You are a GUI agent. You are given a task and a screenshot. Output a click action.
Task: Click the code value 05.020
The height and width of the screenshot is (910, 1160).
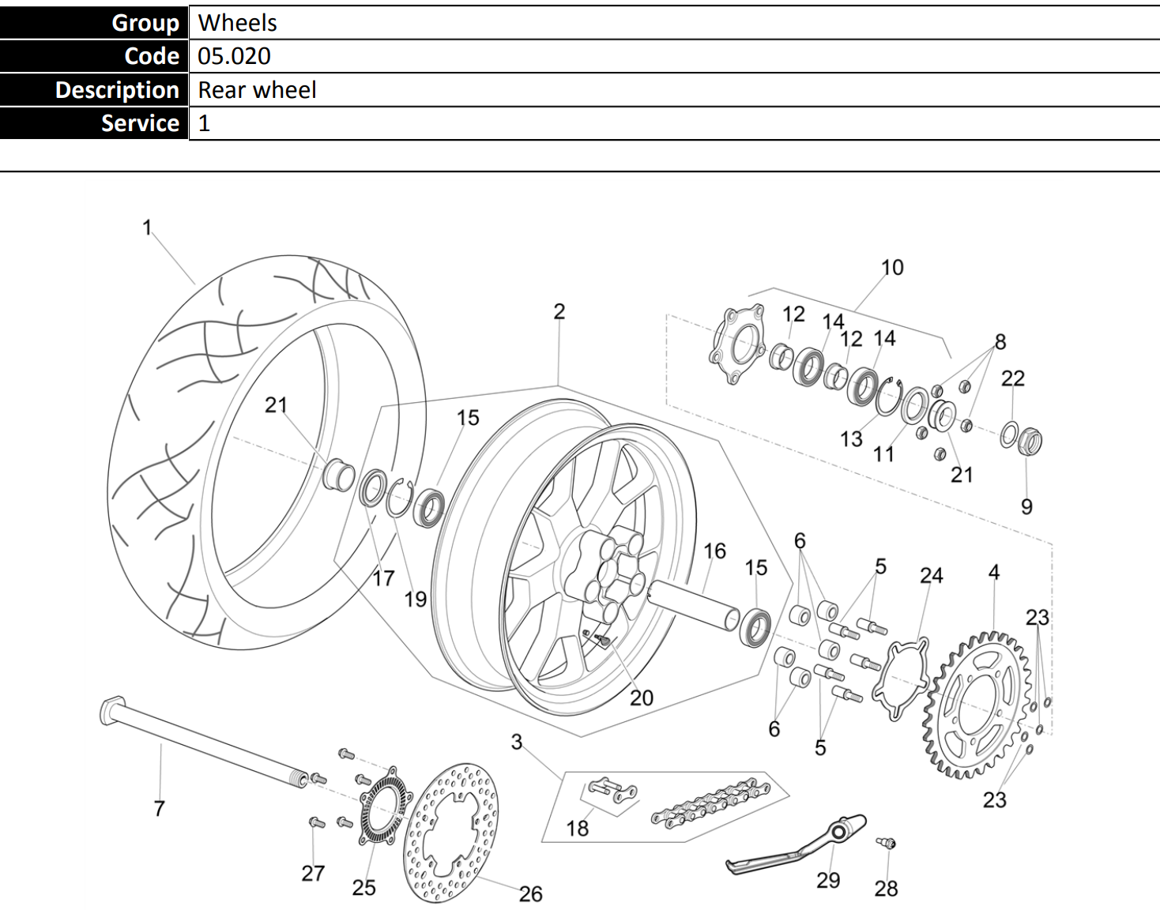[x=234, y=56]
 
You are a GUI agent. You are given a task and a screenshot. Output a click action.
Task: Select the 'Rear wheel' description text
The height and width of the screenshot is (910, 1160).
[x=257, y=90]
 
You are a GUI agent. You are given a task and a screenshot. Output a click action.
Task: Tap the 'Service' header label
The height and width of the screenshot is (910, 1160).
[x=140, y=123]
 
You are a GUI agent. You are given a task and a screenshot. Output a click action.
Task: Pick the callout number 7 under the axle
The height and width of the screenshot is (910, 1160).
[x=159, y=808]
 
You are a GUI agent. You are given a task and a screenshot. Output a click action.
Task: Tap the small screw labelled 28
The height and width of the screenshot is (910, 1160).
[x=887, y=844]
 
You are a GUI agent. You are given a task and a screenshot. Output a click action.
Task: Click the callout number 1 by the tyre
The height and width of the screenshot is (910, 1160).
[x=147, y=227]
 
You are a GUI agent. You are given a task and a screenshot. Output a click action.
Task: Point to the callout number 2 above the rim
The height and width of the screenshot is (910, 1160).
[x=559, y=311]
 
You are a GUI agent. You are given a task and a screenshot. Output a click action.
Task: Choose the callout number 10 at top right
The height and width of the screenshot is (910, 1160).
[x=892, y=268]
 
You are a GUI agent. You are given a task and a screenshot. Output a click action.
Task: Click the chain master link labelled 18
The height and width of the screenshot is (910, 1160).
[x=612, y=791]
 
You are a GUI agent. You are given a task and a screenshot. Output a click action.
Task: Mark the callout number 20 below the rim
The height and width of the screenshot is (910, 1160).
[x=642, y=698]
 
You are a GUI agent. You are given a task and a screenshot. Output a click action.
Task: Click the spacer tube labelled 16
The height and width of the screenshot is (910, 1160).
[x=693, y=604]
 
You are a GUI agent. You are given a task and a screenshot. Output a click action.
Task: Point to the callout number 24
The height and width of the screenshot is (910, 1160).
[x=932, y=575]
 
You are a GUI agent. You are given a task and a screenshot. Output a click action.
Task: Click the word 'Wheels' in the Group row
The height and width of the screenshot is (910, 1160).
[x=237, y=23]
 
